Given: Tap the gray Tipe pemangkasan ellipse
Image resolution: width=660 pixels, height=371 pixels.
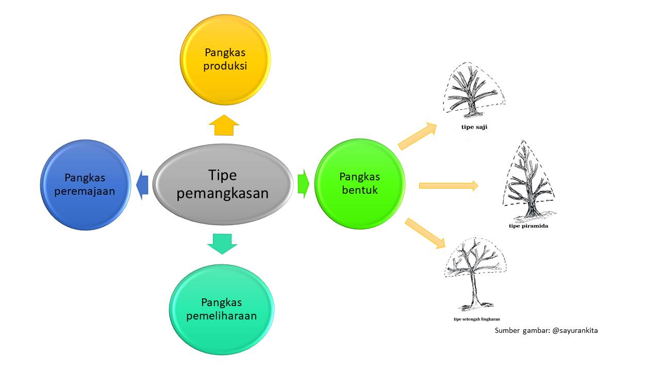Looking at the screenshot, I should pos(223,184).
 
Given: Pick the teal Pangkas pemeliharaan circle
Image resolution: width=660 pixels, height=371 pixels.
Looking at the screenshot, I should pos(222,309).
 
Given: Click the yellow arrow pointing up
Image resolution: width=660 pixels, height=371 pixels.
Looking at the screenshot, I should pos(224,125).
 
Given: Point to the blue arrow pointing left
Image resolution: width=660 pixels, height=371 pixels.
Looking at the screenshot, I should pos(142,185).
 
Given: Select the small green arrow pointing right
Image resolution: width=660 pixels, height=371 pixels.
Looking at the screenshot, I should pos(303,183).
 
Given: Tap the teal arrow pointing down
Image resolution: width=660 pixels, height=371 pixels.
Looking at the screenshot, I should pos(222,243).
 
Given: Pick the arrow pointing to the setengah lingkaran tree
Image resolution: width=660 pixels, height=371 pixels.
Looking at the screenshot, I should pos(425,233).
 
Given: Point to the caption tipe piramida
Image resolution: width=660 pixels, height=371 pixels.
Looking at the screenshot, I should pos(528,226).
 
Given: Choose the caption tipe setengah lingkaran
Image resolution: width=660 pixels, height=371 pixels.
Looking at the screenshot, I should pos(476,319).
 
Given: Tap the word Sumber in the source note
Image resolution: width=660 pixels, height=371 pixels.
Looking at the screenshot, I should pos(508,330).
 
